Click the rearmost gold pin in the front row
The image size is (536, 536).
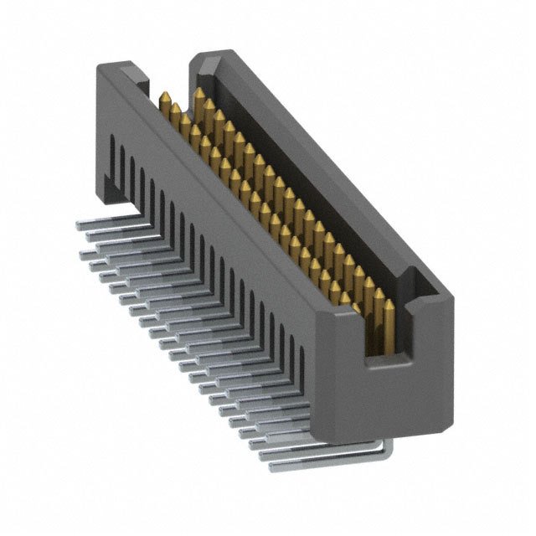[165, 100]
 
